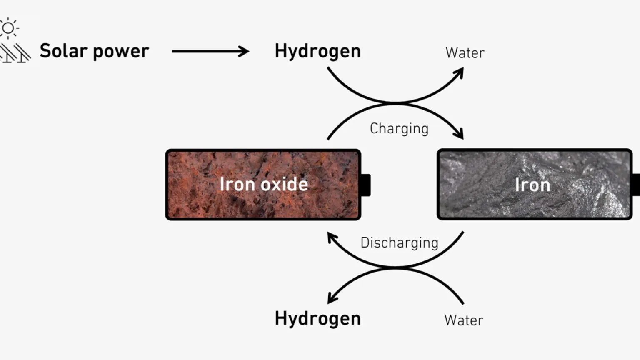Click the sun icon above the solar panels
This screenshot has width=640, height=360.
(8, 28)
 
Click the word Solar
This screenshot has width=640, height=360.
(63, 51)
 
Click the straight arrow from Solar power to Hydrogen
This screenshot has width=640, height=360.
(210, 51)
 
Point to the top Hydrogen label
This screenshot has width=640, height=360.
(318, 51)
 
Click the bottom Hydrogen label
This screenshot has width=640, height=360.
(318, 319)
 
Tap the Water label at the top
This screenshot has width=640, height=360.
(465, 53)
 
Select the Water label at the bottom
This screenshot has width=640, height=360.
(464, 320)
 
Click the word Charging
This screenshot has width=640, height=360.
(399, 129)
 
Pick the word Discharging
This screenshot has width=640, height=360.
(400, 243)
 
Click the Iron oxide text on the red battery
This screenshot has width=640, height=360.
(264, 184)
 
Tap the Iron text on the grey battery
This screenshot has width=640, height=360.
(532, 185)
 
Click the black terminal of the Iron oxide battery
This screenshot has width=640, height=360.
(366, 185)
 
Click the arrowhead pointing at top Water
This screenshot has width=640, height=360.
(459, 73)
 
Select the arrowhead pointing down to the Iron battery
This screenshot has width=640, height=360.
(459, 134)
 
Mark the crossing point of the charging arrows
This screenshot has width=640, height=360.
(396, 103)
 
